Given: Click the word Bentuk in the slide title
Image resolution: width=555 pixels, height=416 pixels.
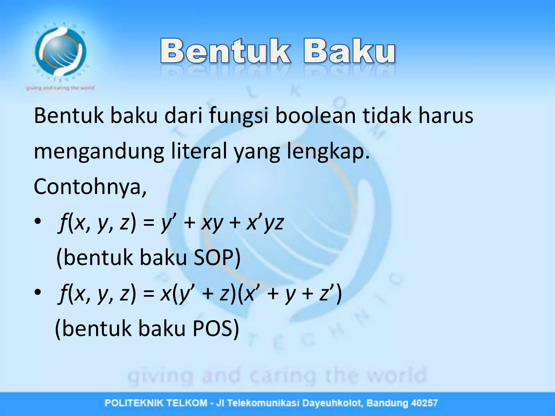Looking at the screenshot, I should click(225, 51).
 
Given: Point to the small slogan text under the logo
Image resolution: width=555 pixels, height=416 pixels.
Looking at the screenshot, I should click(60, 88).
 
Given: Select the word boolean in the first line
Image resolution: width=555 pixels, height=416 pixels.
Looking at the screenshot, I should click(315, 116).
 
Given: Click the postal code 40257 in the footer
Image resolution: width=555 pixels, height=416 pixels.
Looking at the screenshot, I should click(424, 403).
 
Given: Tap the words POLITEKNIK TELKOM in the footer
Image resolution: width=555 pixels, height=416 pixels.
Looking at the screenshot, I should click(156, 403).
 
